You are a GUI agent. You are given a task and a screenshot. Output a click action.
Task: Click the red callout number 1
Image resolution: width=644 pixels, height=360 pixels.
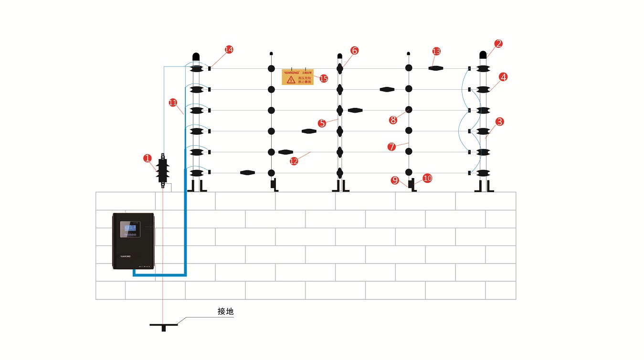148,158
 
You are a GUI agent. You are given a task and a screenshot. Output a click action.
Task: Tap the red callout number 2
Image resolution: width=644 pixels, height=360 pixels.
498,44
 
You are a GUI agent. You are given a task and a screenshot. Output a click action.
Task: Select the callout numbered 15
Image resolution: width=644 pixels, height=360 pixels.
324,78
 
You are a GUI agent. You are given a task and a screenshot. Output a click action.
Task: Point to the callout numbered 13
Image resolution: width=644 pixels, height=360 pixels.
436,51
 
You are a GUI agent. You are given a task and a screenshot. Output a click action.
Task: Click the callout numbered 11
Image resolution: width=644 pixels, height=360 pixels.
173,102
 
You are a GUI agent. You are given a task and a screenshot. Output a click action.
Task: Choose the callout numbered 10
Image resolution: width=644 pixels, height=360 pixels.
427,178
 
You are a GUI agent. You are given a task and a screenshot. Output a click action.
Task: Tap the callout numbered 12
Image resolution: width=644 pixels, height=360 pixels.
294,161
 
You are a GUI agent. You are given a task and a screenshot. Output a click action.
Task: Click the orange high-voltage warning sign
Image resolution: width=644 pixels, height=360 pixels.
297,76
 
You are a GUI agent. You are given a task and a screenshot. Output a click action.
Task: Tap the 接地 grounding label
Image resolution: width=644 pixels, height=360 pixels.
225,312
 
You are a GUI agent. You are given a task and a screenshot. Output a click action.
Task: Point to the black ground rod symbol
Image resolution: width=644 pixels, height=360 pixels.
163,326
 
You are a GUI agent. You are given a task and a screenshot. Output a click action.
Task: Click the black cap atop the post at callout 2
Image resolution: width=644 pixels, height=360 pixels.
483,55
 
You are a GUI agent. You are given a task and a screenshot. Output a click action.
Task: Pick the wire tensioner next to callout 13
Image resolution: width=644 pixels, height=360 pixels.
435,68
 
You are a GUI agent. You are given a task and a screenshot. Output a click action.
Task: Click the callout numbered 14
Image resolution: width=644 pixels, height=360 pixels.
229,50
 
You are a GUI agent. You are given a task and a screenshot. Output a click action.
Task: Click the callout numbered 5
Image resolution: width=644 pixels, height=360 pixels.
322,123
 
